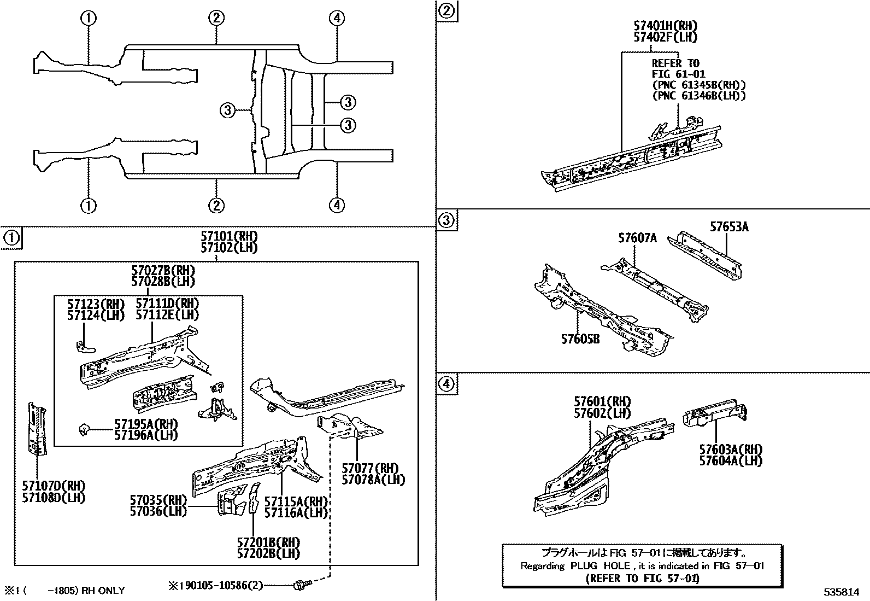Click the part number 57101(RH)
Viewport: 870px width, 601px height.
click(x=228, y=237)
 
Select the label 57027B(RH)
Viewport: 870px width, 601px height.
click(x=163, y=271)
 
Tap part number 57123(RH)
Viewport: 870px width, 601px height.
click(x=96, y=304)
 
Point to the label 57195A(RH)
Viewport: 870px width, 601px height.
click(x=146, y=424)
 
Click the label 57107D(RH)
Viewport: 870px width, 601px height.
click(x=54, y=486)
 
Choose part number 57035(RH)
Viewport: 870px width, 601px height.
click(x=158, y=500)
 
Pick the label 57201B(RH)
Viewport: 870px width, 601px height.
click(x=268, y=542)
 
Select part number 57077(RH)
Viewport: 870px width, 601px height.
click(x=370, y=468)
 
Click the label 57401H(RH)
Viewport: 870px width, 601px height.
click(x=666, y=26)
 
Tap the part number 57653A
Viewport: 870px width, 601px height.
click(x=729, y=226)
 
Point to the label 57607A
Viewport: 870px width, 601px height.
click(x=637, y=238)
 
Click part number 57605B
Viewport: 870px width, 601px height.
click(x=580, y=339)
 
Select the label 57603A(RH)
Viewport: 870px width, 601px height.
click(x=731, y=450)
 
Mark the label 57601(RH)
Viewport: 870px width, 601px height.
click(x=602, y=402)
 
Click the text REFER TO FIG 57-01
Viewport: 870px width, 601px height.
click(x=642, y=578)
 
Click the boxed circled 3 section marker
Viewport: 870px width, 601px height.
click(x=447, y=220)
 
